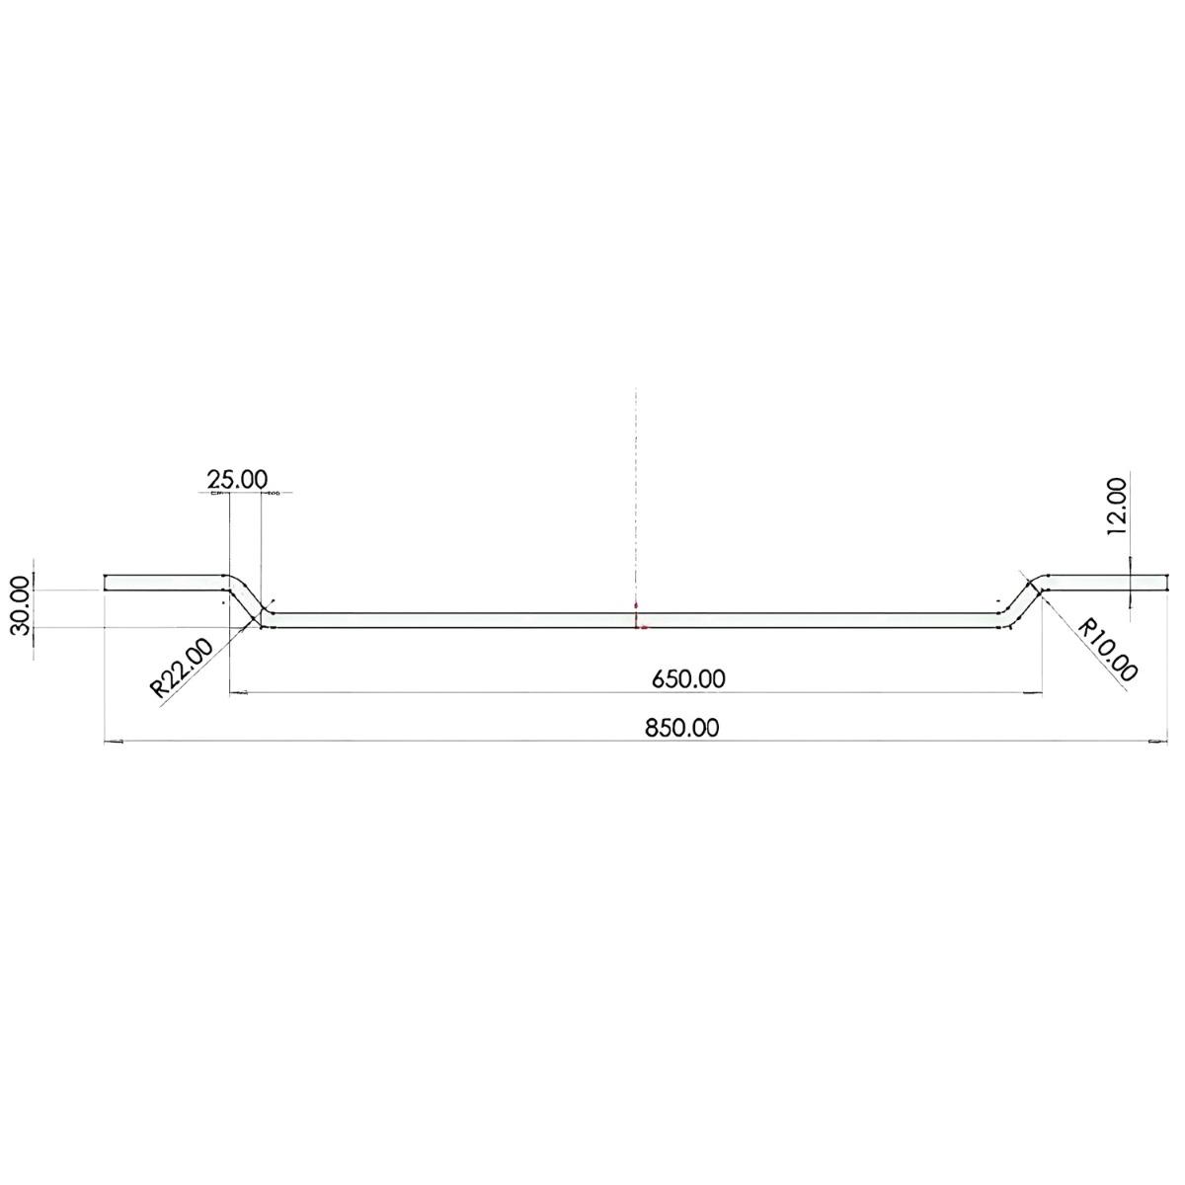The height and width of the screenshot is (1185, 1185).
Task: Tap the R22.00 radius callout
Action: (182, 669)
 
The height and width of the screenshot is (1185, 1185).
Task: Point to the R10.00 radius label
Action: (1109, 651)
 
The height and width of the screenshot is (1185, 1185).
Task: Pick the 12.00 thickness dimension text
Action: (1116, 506)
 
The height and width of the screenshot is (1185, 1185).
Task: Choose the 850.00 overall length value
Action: (681, 728)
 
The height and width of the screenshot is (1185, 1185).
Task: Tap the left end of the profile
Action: (105, 583)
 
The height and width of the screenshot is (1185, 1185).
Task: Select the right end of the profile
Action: (1168, 583)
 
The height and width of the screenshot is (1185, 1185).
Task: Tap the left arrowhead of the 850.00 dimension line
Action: (112, 741)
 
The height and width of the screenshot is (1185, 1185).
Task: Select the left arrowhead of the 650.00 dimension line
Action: (236, 693)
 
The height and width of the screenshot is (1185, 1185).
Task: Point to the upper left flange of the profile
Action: (163, 583)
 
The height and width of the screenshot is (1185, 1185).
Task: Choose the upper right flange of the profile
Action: (1106, 583)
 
